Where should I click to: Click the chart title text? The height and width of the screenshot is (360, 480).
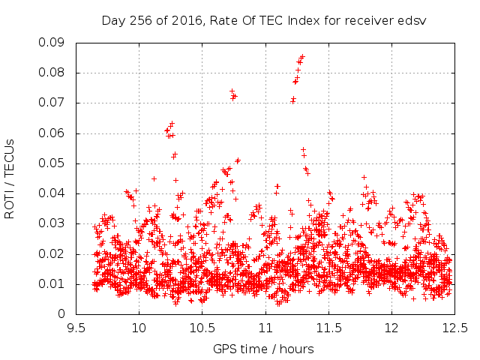pyautogui.click(x=264, y=21)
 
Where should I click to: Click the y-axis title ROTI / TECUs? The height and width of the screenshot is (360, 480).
pyautogui.click(x=10, y=179)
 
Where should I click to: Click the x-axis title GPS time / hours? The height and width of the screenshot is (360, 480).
pyautogui.click(x=263, y=349)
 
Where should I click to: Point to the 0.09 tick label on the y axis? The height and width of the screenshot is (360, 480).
pyautogui.click(x=52, y=43)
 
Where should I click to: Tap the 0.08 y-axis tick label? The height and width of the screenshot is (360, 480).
pyautogui.click(x=52, y=73)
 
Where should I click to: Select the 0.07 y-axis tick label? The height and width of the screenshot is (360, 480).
pyautogui.click(x=52, y=103)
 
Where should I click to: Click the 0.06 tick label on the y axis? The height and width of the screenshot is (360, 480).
pyautogui.click(x=52, y=133)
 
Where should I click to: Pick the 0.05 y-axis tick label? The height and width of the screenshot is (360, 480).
pyautogui.click(x=52, y=163)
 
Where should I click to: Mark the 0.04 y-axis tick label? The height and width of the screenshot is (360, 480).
pyautogui.click(x=52, y=193)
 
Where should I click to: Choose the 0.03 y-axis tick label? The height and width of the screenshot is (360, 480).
pyautogui.click(x=52, y=223)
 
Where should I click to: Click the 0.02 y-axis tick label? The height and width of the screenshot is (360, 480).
pyautogui.click(x=52, y=253)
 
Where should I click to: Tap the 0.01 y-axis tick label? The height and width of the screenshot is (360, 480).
pyautogui.click(x=52, y=283)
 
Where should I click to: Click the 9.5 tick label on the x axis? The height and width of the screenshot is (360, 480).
pyautogui.click(x=76, y=328)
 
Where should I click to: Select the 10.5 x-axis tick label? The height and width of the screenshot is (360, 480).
pyautogui.click(x=202, y=328)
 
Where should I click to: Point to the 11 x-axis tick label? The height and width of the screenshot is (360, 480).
pyautogui.click(x=265, y=328)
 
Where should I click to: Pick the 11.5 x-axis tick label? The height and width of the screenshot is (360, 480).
pyautogui.click(x=328, y=328)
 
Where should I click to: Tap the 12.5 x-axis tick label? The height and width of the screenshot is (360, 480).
pyautogui.click(x=455, y=328)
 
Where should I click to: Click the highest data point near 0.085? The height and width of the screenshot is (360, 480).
pyautogui.click(x=303, y=56)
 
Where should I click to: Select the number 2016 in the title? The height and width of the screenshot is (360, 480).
pyautogui.click(x=187, y=21)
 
